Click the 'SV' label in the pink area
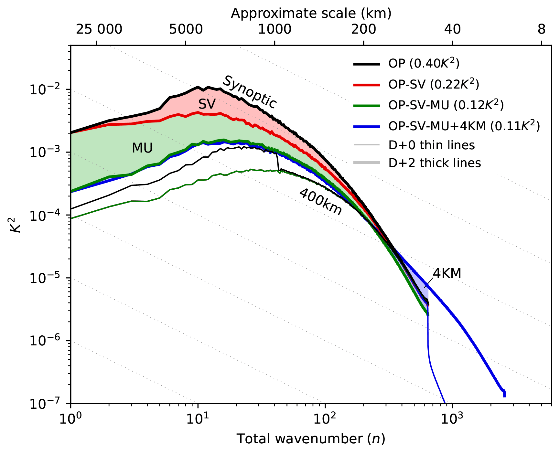[207, 104]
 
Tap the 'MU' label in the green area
[142, 148]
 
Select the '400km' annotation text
[320, 202]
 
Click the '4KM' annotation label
[447, 274]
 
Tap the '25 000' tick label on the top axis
[99, 30]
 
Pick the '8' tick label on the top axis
[542, 30]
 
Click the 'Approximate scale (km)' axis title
[311, 13]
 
